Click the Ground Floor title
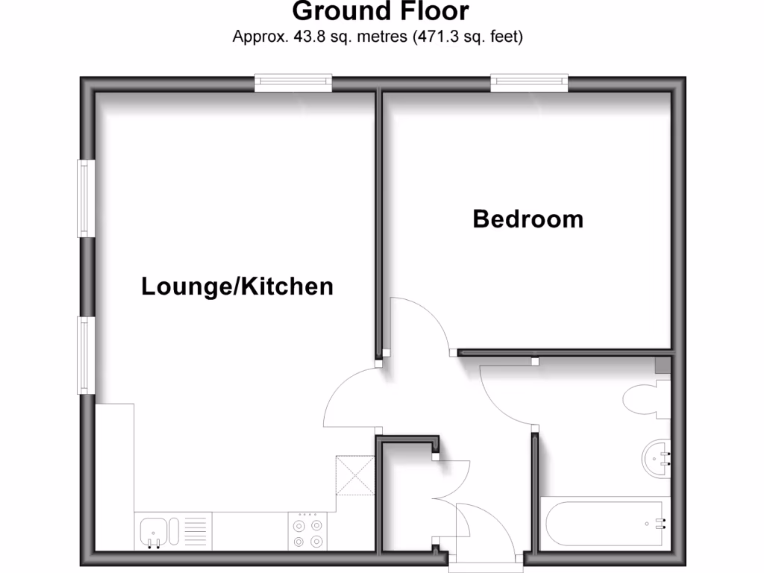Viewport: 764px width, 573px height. point(381,12)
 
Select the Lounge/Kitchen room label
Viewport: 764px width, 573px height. point(237,286)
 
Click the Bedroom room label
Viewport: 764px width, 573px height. point(528,219)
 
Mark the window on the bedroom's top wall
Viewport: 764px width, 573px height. point(529,82)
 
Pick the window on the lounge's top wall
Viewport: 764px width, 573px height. point(292,82)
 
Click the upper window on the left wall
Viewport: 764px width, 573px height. point(85,198)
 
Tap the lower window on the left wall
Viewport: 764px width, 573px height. point(85,355)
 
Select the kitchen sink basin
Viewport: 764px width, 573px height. point(155,530)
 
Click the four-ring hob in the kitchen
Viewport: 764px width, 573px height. point(308,531)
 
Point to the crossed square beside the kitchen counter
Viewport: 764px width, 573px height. point(355,475)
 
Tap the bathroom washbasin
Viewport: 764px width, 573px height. point(657,457)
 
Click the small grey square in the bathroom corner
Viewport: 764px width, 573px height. point(661,365)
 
